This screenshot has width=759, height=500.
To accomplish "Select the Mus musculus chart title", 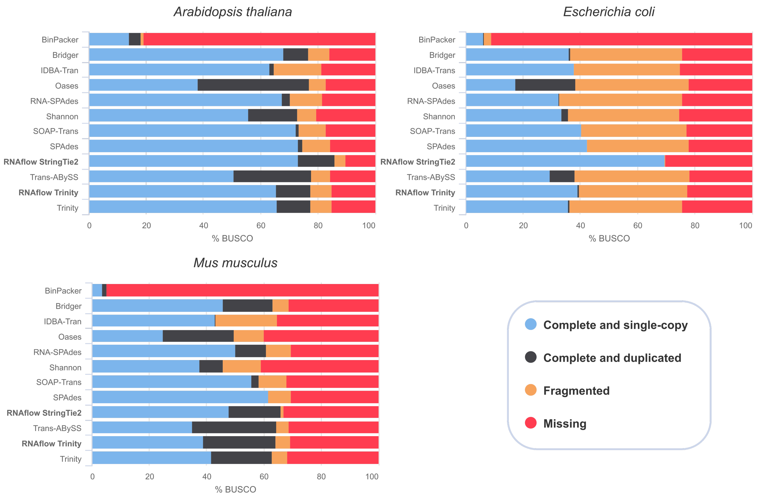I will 235,263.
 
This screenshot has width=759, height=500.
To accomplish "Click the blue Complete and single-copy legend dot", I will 530,324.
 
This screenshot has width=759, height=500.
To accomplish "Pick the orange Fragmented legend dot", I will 530,390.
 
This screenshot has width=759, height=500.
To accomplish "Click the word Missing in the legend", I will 565,423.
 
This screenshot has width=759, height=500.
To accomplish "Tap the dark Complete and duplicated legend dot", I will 530,357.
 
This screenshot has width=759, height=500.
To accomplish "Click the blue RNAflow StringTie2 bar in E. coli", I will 565,161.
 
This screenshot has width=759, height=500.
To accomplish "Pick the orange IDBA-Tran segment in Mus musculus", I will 246,321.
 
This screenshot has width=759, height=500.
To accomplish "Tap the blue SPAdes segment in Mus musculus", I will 180,397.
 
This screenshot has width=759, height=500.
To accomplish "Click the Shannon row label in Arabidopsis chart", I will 62,116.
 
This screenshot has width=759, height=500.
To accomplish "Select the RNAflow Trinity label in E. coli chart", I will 425,193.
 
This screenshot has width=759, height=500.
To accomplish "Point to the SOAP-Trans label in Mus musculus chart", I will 59,382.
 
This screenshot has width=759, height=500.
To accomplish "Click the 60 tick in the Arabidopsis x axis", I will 261,226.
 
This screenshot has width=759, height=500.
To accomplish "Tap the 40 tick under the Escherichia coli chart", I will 580,226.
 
